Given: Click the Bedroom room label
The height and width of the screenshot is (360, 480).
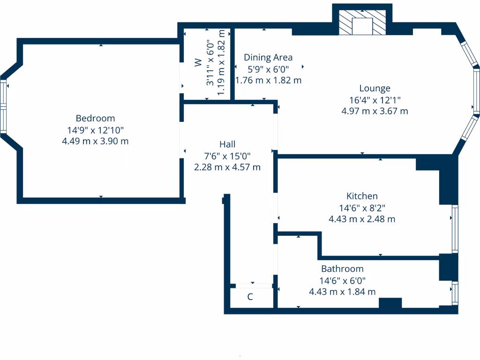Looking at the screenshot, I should tap(95, 118).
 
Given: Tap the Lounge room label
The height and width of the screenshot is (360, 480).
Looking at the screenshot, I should tap(375, 88).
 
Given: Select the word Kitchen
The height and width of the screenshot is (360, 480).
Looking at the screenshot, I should tap(362, 196).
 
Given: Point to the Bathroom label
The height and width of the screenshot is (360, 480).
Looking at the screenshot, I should tap(342, 269).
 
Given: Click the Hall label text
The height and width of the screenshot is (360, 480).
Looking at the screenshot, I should tap(227, 144).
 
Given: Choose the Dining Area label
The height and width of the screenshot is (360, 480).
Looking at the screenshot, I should tap(268, 58).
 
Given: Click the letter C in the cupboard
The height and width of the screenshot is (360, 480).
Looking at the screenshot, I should tap(250, 297).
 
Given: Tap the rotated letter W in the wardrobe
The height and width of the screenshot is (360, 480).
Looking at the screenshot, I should tap(198, 62).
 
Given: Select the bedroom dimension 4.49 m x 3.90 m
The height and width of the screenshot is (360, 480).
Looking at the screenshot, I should tap(95, 141).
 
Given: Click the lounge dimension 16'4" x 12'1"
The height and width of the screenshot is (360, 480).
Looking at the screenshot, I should tap(375, 100).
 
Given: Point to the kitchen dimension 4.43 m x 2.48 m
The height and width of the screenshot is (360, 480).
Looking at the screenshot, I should tap(362, 219).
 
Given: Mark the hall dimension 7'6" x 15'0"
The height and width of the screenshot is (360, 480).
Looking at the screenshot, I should tap(227, 156).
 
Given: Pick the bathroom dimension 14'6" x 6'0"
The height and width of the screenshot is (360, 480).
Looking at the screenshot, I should tap(342, 280).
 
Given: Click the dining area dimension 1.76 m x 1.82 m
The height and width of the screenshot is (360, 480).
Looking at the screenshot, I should tap(268, 80).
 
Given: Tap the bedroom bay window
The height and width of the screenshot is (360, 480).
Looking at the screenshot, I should tap(3, 108).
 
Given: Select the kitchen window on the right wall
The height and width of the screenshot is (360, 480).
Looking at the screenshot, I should tap(454, 229).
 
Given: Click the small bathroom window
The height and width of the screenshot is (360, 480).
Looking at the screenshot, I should tap(454, 292).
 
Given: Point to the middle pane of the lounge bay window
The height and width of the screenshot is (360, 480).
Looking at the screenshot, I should tap(476, 91).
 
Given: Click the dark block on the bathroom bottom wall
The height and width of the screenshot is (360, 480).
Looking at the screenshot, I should tap(390, 304).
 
